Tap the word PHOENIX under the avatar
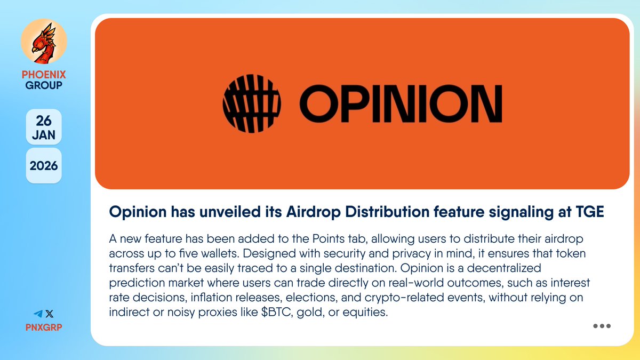point(44,75)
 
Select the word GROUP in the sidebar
point(44,85)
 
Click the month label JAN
point(44,135)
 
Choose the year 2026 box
point(44,165)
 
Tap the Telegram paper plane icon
point(37,315)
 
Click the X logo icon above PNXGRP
point(50,315)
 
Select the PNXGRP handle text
point(44,326)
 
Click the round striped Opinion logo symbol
point(251,103)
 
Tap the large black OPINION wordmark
point(400,104)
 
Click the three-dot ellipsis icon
point(602,326)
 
